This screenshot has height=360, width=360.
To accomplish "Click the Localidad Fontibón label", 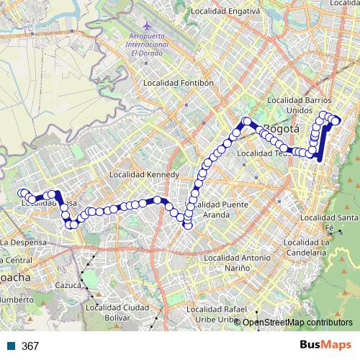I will (x=179, y=83).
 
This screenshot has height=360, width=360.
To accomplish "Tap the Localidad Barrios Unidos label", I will (x=299, y=104).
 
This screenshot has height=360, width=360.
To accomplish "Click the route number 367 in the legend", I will (x=30, y=346).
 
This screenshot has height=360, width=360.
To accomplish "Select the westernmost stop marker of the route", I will (x=23, y=193).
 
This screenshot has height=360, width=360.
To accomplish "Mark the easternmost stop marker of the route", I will (x=336, y=121).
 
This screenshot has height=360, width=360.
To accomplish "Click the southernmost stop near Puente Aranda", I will (x=188, y=227).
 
